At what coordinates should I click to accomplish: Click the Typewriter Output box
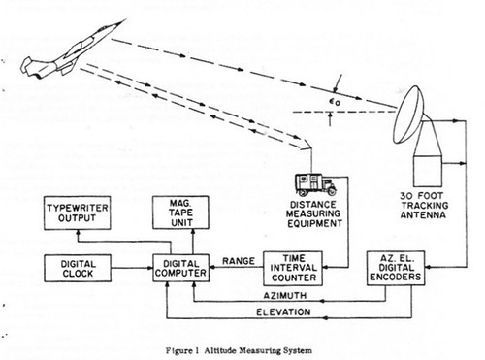tap(78, 213)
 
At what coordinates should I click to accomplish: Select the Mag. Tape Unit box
tap(180, 213)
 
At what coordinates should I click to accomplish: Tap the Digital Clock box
tap(78, 268)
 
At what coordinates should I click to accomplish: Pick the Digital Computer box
tap(180, 268)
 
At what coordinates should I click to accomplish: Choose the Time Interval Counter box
tap(293, 268)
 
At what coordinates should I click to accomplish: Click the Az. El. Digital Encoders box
tap(396, 268)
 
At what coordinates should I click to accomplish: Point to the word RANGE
tap(239, 261)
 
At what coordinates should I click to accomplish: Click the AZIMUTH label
tap(285, 296)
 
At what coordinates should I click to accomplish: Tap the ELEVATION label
tap(283, 312)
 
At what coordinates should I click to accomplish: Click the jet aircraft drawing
tap(70, 51)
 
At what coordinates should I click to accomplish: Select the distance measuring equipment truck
tap(315, 184)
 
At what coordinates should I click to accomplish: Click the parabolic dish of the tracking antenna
tap(408, 115)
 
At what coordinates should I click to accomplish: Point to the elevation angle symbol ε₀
tap(335, 102)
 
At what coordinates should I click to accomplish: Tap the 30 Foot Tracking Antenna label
tap(424, 206)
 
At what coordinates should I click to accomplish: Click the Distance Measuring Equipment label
tap(314, 213)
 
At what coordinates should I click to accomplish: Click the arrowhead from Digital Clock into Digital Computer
tap(149, 268)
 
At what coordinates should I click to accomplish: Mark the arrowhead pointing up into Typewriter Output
tap(78, 233)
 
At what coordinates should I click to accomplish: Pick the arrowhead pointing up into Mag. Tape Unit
tap(193, 232)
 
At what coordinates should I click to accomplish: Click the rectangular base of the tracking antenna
tap(428, 170)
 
